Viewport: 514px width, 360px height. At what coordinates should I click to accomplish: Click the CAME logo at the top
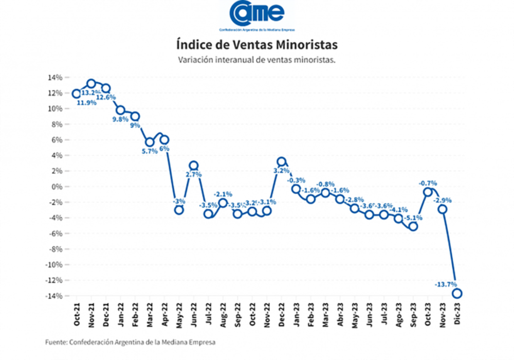[x=257, y=14]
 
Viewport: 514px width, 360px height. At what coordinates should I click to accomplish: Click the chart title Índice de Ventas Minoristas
[x=257, y=43]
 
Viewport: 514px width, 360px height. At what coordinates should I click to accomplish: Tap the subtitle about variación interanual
[x=256, y=60]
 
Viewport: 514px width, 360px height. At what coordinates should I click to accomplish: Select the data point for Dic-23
[x=457, y=293]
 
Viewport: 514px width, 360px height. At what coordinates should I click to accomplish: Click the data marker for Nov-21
[x=91, y=83]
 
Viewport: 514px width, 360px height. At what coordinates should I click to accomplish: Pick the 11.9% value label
[x=86, y=102]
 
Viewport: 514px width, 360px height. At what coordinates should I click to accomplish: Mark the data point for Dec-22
[x=281, y=161]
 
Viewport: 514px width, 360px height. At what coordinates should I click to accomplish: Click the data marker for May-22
[x=179, y=210]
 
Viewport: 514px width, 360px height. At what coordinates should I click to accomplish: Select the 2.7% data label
[x=193, y=175]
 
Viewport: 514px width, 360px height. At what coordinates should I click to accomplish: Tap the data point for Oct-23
[x=428, y=192]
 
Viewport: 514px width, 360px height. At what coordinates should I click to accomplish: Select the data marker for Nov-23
[x=442, y=209]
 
